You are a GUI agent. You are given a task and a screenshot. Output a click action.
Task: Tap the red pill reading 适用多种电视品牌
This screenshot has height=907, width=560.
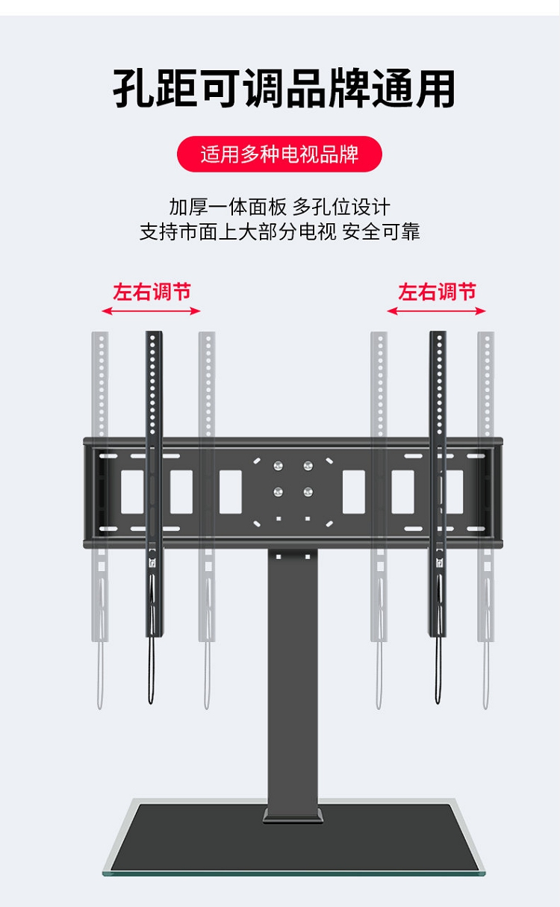pyautogui.click(x=279, y=155)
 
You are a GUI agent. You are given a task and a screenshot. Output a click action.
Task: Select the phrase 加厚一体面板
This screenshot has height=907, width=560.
pyautogui.click(x=227, y=207)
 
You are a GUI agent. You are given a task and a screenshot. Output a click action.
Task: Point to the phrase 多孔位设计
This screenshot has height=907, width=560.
pyautogui.click(x=341, y=207)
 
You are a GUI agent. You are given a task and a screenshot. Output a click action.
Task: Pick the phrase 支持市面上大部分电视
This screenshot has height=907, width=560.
pyautogui.click(x=237, y=231)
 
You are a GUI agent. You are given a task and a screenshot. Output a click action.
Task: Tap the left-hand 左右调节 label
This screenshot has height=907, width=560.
pyautogui.click(x=152, y=291)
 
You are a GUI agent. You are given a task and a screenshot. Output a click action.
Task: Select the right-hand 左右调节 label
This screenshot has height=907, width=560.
pyautogui.click(x=437, y=291)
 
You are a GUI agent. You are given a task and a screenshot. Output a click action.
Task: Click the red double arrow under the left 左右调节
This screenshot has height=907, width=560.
pyautogui.click(x=152, y=311)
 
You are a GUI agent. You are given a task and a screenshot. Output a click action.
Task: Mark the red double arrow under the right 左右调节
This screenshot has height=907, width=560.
pyautogui.click(x=437, y=311)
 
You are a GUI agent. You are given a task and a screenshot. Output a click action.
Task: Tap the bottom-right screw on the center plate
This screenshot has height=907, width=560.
pyautogui.click(x=308, y=491)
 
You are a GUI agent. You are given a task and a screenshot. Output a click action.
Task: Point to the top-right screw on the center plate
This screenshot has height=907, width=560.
pyautogui.click(x=308, y=466)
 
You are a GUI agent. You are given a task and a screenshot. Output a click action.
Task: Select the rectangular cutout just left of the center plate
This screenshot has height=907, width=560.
pyautogui.click(x=230, y=492)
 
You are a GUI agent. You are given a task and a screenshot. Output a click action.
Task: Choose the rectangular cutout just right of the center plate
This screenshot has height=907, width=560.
pyautogui.click(x=354, y=492)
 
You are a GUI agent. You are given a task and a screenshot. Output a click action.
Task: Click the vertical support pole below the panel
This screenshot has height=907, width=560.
pyautogui.click(x=293, y=672)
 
